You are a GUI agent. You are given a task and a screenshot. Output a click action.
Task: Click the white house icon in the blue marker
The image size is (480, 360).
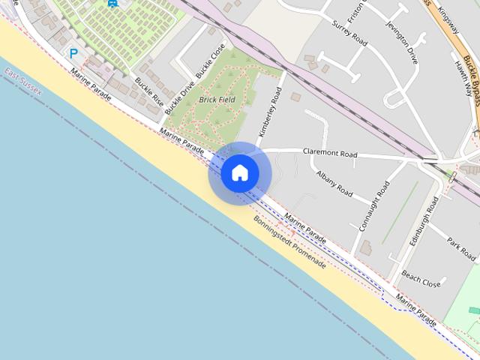[x=240, y=173]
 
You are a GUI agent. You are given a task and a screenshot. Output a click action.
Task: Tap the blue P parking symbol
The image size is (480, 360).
[x=73, y=53]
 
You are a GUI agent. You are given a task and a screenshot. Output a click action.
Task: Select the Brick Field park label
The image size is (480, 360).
[x=217, y=99]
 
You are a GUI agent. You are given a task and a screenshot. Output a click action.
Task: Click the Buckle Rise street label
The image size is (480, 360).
[x=148, y=90]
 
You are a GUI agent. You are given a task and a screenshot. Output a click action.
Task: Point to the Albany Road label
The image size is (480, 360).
[x=334, y=183]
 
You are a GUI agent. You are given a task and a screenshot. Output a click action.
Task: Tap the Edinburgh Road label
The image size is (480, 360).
[x=424, y=222]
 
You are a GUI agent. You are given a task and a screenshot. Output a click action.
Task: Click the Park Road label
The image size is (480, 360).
[x=461, y=249]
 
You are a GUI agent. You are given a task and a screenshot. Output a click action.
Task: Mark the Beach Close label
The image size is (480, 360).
[x=421, y=279]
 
